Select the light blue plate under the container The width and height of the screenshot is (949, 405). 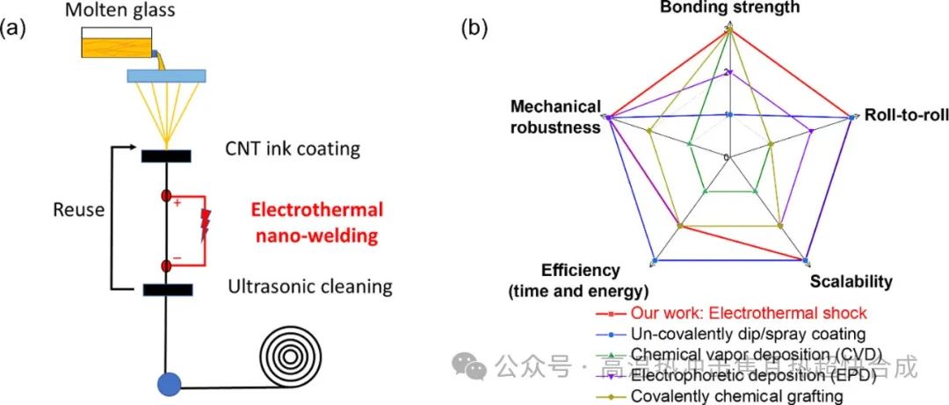[167, 77]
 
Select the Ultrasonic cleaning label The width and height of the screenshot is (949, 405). [310, 286]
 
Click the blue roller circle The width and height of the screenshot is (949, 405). [168, 383]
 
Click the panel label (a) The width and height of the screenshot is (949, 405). [17, 27]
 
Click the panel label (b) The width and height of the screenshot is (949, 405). [475, 27]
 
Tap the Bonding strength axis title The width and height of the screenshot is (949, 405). [729, 8]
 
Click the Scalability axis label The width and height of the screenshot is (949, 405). [851, 282]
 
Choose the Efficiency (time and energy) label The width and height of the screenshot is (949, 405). [581, 280]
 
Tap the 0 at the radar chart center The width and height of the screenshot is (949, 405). [726, 157]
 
